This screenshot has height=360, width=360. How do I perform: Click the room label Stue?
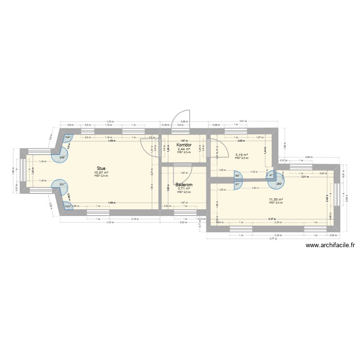(101, 168)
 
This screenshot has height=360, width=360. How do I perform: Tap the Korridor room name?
(184, 144)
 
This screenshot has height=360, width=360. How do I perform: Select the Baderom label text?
(184, 184)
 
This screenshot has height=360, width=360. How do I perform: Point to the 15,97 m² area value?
(101, 172)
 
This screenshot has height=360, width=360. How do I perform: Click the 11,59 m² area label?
(276, 199)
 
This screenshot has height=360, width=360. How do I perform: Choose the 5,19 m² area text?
(241, 155)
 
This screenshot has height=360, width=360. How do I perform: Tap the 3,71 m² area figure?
(184, 189)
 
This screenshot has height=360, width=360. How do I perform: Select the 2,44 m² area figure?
(184, 149)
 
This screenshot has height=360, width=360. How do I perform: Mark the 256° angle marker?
(62, 157)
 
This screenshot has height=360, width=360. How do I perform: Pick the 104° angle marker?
(68, 138)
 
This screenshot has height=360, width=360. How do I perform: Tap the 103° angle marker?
(68, 206)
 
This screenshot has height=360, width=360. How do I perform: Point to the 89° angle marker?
(237, 176)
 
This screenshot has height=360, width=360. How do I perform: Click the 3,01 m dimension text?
(242, 121)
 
